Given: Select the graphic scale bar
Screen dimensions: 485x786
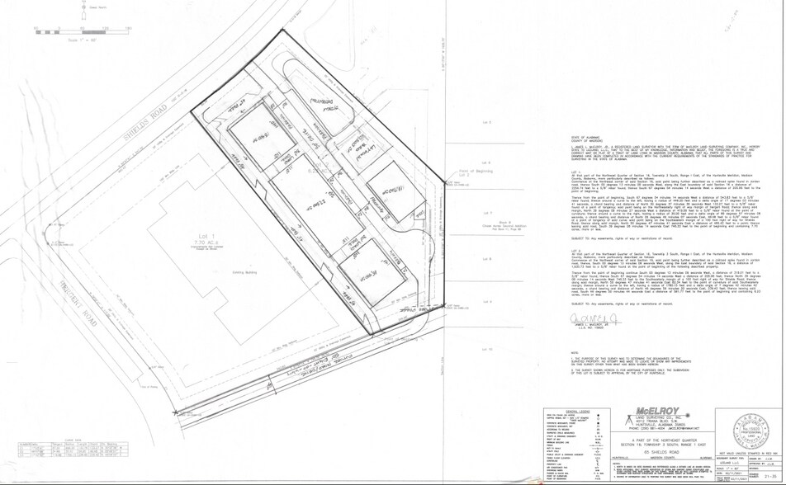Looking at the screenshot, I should [83, 31].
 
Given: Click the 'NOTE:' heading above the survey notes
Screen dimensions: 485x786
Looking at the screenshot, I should [564, 356].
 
